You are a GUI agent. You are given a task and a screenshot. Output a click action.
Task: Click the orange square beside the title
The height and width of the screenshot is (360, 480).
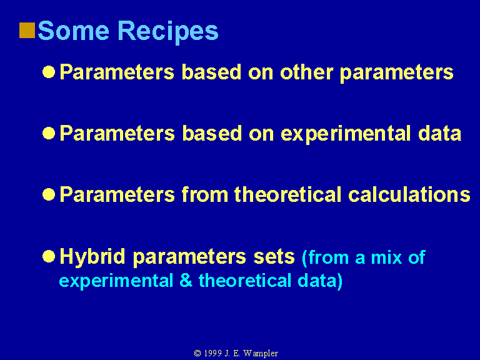[27, 31]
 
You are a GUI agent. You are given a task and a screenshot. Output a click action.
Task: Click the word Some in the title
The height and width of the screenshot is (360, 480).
[74, 31]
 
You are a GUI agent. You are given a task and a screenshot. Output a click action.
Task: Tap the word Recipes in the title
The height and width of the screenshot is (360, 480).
[168, 32]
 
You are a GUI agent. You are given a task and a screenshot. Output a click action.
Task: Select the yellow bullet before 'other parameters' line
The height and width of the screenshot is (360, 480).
[49, 72]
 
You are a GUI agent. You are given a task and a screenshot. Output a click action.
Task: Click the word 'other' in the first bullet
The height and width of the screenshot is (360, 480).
[306, 72]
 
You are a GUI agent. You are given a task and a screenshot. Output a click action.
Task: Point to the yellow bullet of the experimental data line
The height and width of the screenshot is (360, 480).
[49, 133]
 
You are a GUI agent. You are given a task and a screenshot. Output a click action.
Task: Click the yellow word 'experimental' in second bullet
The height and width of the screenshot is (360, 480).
[346, 134]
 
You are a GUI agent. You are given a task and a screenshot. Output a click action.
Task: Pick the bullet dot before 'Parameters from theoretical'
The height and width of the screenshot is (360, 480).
[49, 194]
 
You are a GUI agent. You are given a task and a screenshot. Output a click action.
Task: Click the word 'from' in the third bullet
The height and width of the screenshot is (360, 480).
[205, 194]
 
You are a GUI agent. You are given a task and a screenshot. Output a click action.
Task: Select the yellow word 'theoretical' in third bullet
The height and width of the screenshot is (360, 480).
[288, 194]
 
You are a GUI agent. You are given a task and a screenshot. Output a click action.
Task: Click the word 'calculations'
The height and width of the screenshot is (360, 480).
[409, 194]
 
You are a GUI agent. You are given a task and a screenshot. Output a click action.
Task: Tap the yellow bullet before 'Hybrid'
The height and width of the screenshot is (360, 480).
[49, 256]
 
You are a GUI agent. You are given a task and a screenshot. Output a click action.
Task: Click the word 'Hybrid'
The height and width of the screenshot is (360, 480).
[92, 257]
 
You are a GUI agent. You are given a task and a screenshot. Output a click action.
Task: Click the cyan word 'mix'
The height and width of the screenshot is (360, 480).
[387, 257]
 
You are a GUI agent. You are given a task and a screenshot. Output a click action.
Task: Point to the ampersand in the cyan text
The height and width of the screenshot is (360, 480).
[186, 280]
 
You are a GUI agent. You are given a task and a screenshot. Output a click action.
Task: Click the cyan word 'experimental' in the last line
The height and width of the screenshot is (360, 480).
[116, 281]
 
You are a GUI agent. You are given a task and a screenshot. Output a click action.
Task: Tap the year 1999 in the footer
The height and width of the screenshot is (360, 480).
[212, 353]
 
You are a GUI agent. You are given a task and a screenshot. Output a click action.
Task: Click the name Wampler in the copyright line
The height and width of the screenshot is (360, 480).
[261, 354]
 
